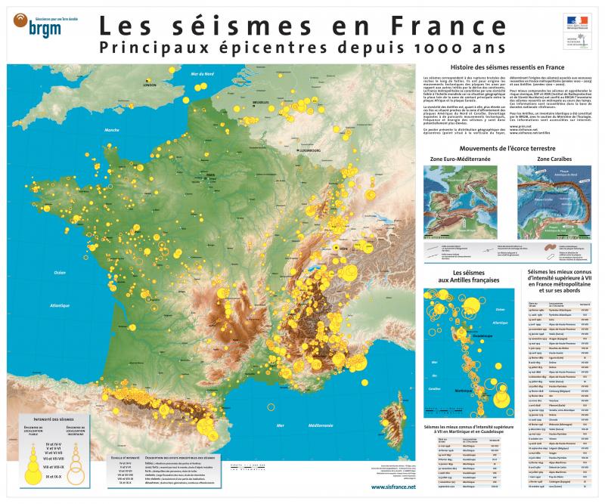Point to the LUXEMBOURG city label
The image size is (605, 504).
[310, 150]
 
